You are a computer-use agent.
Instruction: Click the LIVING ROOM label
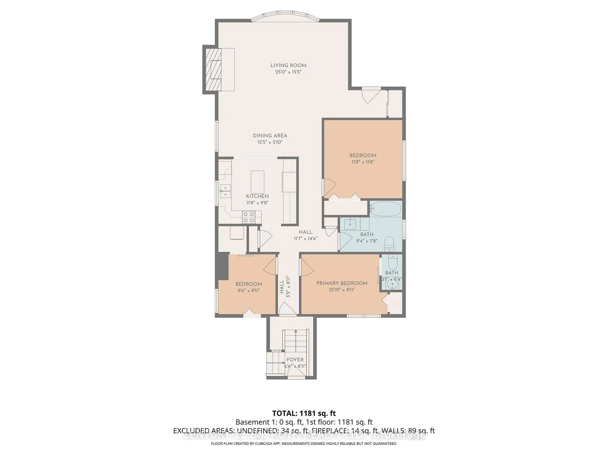[x=288, y=65]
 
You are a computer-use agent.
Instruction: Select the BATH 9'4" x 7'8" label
[x=367, y=237]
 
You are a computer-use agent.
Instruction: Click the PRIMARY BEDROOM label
[x=342, y=283]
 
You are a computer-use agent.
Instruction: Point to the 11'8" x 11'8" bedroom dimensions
[x=363, y=162]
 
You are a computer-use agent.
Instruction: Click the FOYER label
[x=295, y=360]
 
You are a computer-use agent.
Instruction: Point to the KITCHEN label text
[x=257, y=196]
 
